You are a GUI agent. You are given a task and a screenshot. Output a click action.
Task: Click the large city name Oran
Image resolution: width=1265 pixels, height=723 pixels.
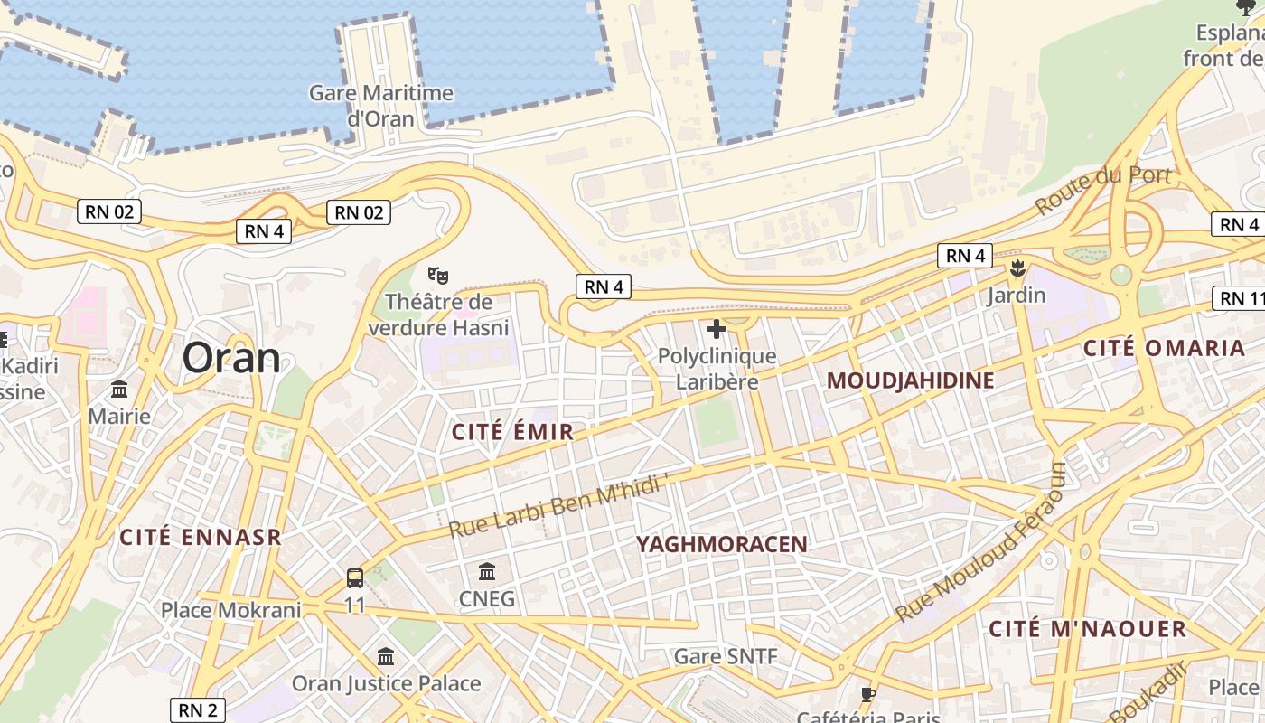click(x=231, y=358)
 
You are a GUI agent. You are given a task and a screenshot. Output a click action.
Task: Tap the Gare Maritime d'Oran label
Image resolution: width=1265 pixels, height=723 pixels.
click(x=381, y=106)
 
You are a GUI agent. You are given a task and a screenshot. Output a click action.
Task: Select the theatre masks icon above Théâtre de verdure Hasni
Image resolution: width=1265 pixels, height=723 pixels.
click(x=438, y=274)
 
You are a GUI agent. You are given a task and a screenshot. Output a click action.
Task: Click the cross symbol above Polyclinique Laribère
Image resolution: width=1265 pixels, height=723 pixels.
click(x=717, y=329)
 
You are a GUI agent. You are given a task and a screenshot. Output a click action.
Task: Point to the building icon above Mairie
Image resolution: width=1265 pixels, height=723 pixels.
click(x=119, y=390)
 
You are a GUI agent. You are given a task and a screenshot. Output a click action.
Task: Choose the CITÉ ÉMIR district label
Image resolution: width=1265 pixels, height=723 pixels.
click(x=512, y=432)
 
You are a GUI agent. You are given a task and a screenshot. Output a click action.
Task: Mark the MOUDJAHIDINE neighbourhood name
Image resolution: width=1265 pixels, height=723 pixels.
click(x=910, y=380)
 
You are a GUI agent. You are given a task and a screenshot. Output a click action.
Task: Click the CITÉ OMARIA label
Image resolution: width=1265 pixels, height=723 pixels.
click(x=1164, y=348)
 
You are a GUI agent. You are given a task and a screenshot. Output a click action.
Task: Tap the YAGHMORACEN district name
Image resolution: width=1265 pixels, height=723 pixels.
click(x=722, y=544)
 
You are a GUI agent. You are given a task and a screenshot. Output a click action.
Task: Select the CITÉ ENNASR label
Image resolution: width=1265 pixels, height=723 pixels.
click(x=201, y=537)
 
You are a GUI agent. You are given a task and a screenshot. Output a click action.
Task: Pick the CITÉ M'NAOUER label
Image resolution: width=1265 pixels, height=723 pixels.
click(x=1087, y=629)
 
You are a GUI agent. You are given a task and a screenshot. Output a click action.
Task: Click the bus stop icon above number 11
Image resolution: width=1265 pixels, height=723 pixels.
click(x=355, y=577)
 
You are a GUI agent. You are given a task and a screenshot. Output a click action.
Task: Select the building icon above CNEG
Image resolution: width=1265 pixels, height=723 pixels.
click(x=487, y=571)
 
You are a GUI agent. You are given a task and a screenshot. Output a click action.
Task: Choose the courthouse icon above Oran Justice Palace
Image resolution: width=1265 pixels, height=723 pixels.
click(x=386, y=656)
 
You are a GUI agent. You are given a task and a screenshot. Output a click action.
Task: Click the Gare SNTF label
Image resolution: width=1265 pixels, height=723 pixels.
click(x=726, y=656)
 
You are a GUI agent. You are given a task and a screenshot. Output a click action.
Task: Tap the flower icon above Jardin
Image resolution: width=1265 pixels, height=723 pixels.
click(x=1017, y=268)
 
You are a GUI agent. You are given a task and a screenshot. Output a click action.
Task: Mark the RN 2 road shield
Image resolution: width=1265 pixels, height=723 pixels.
click(x=197, y=710)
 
